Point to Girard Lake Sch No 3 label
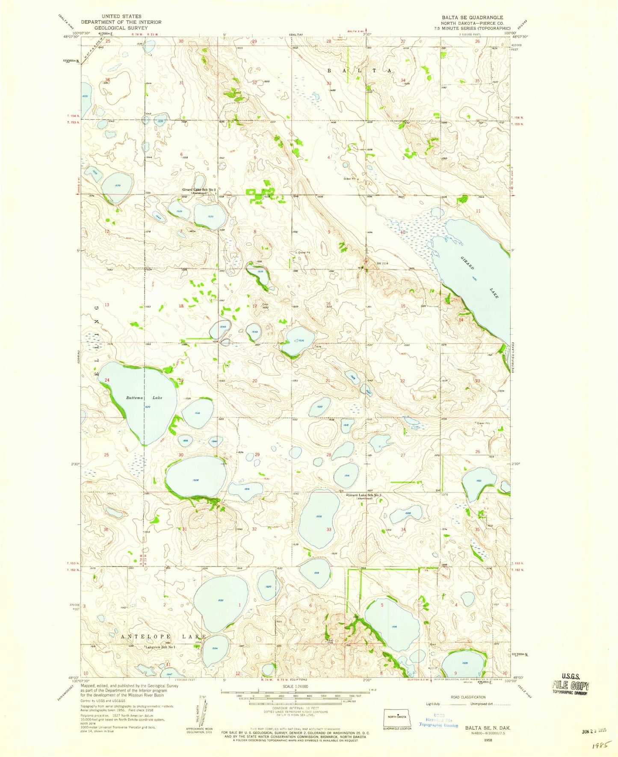pyautogui.click(x=364, y=495)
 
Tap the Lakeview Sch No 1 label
pyautogui.click(x=160, y=647)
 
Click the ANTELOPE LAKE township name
pyautogui.click(x=163, y=636)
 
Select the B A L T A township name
pyautogui.click(x=359, y=71)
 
